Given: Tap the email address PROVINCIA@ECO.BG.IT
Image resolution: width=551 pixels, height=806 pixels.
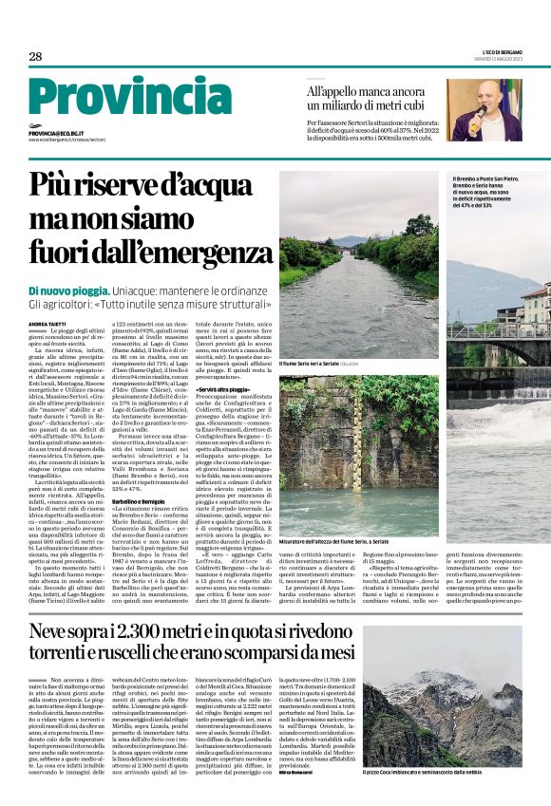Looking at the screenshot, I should click(x=57, y=134).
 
